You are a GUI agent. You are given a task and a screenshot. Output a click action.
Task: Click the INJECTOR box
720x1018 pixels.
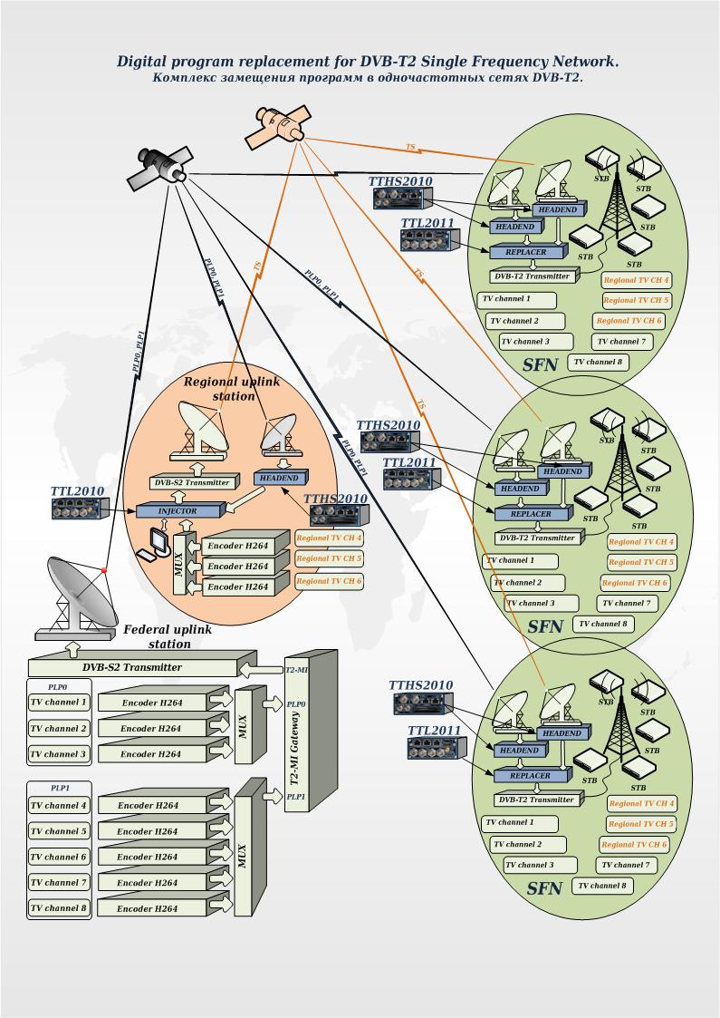pyautogui.click(x=178, y=511)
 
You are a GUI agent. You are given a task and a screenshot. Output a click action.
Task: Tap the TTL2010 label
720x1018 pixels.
pyautogui.click(x=78, y=491)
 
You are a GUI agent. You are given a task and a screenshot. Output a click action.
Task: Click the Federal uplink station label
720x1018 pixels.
pyautogui.click(x=158, y=636)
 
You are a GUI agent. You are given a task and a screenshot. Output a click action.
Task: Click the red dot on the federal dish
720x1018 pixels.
pyautogui.click(x=105, y=570)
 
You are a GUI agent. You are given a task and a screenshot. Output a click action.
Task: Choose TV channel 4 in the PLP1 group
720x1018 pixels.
pyautogui.click(x=59, y=805)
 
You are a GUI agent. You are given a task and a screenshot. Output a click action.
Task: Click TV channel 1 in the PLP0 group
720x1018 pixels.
pyautogui.click(x=59, y=702)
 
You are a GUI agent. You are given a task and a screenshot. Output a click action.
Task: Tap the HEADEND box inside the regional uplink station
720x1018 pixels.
pyautogui.click(x=279, y=478)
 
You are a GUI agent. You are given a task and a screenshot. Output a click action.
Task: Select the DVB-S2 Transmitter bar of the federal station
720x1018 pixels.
pyautogui.click(x=132, y=668)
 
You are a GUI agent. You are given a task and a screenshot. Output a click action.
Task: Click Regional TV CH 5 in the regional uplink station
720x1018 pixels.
pyautogui.click(x=330, y=558)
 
